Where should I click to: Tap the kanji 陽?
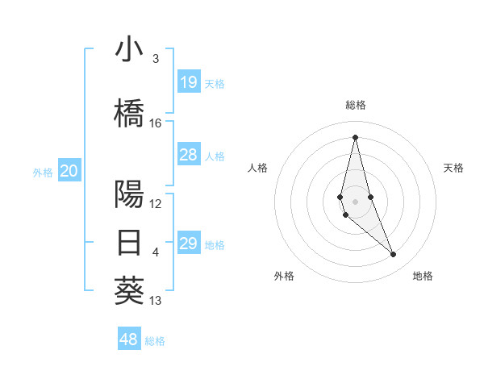point(129,194)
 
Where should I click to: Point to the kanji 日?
point(129,243)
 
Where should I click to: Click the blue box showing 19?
point(188,82)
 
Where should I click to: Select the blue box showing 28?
point(188,155)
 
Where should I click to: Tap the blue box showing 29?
point(188,243)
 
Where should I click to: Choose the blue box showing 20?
point(69,170)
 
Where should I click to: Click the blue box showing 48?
point(129,339)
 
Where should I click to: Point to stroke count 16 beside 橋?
point(156,123)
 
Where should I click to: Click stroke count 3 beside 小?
point(156,59)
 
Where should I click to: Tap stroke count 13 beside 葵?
point(156,301)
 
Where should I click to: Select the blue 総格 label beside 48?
point(155,341)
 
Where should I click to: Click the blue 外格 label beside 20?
point(43,172)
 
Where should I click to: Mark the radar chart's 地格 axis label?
point(423,276)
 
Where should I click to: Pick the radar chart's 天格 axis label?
point(453,168)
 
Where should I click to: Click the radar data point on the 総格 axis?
point(355,136)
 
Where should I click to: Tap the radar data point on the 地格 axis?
point(394,255)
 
